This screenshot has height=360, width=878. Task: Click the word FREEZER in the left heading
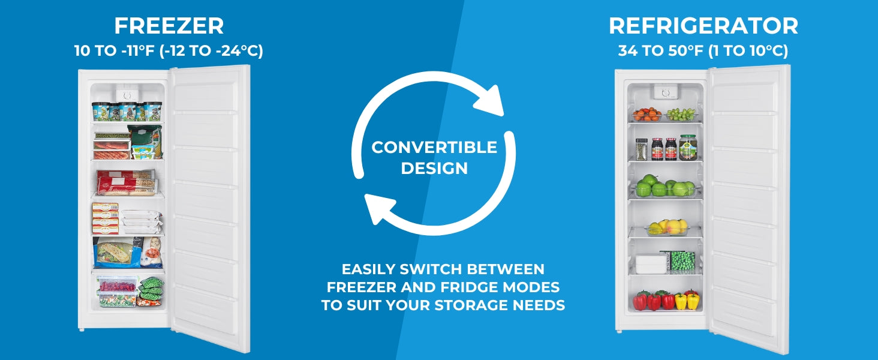(169, 26)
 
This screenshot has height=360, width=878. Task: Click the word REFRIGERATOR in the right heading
(703, 26)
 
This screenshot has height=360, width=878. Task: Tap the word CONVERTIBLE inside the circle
(434, 148)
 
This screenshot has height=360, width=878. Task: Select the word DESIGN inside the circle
(434, 168)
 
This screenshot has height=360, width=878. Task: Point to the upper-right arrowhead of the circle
(490, 101)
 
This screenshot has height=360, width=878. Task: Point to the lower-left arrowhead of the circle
(379, 209)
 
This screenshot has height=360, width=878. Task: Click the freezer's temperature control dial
(127, 95)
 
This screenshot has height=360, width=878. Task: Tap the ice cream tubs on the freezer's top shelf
(127, 112)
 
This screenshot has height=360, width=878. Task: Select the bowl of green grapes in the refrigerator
(682, 115)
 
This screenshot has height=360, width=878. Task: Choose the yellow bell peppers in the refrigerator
(687, 301)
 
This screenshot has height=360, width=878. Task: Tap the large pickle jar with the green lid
(687, 147)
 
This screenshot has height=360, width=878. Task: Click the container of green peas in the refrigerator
(682, 261)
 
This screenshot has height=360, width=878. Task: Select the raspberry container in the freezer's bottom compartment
(118, 284)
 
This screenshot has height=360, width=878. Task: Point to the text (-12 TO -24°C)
(211, 51)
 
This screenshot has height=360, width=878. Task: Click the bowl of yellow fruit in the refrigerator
(668, 227)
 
